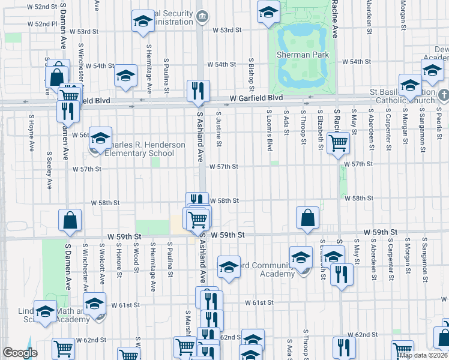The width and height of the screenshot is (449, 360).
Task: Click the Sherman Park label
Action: (302, 55)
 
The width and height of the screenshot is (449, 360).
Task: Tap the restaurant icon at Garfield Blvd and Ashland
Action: (198, 91)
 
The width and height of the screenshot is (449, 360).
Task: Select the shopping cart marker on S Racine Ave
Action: (339, 143)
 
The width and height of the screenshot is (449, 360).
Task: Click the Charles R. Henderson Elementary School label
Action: (139, 149)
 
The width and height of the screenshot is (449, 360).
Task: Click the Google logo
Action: (20, 353)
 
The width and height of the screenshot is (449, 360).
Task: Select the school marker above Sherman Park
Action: (268, 11)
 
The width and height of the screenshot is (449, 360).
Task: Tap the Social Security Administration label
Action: (174, 17)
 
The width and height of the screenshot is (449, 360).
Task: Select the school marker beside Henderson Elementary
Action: (101, 137)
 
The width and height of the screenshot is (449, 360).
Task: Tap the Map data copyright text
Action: (423, 355)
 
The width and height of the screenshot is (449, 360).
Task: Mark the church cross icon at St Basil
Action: (443, 95)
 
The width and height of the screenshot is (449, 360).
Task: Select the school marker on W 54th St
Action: (125, 75)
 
